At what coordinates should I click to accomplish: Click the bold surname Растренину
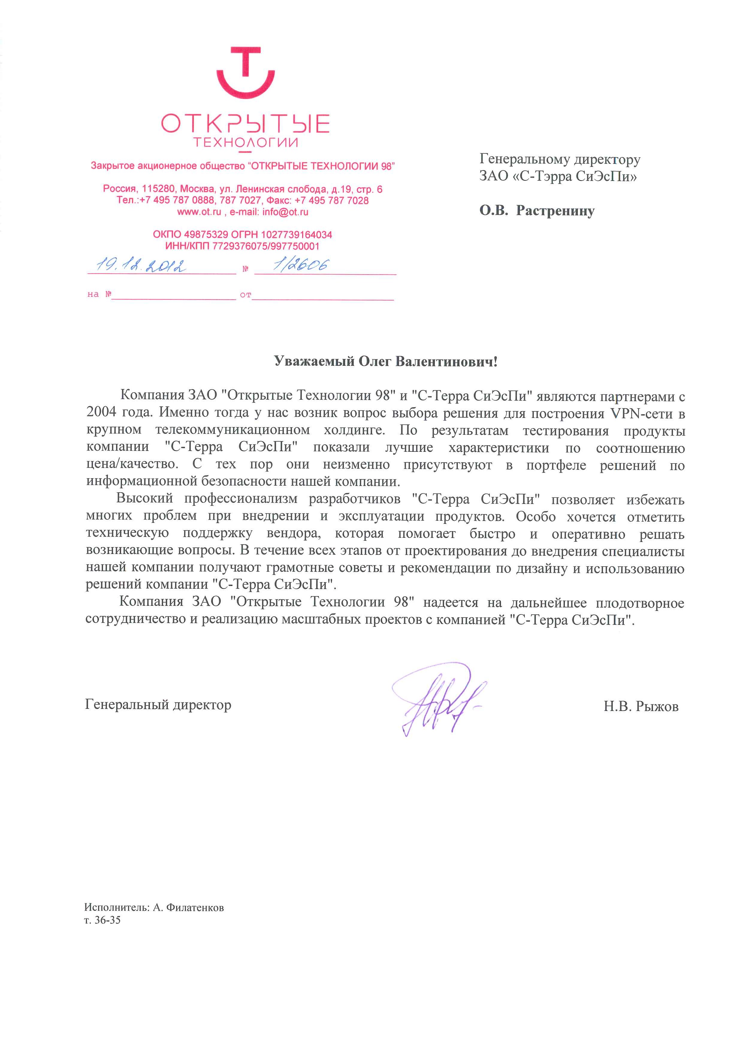(555, 211)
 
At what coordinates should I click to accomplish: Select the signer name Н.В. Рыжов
(641, 707)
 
